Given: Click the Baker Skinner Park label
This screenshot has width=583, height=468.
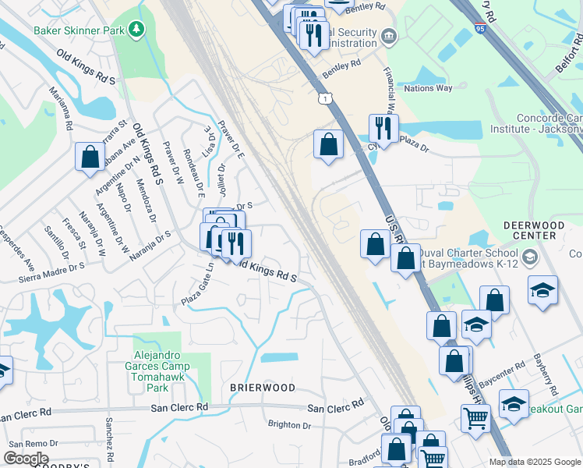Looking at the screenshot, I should (80, 30).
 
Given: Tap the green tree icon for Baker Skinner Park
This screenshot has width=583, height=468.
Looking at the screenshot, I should (137, 30).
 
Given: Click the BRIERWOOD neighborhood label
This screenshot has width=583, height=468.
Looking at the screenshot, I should (263, 388).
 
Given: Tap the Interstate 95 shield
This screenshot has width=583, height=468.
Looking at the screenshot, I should (479, 29).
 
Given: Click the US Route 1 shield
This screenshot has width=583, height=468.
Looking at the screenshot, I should (323, 98).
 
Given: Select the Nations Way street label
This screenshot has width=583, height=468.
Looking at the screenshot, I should (428, 88).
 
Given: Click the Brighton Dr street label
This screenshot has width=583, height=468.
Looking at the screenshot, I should (289, 425).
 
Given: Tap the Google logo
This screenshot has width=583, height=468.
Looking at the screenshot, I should (26, 459).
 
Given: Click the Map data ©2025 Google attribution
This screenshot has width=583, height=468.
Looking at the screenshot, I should (535, 462).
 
